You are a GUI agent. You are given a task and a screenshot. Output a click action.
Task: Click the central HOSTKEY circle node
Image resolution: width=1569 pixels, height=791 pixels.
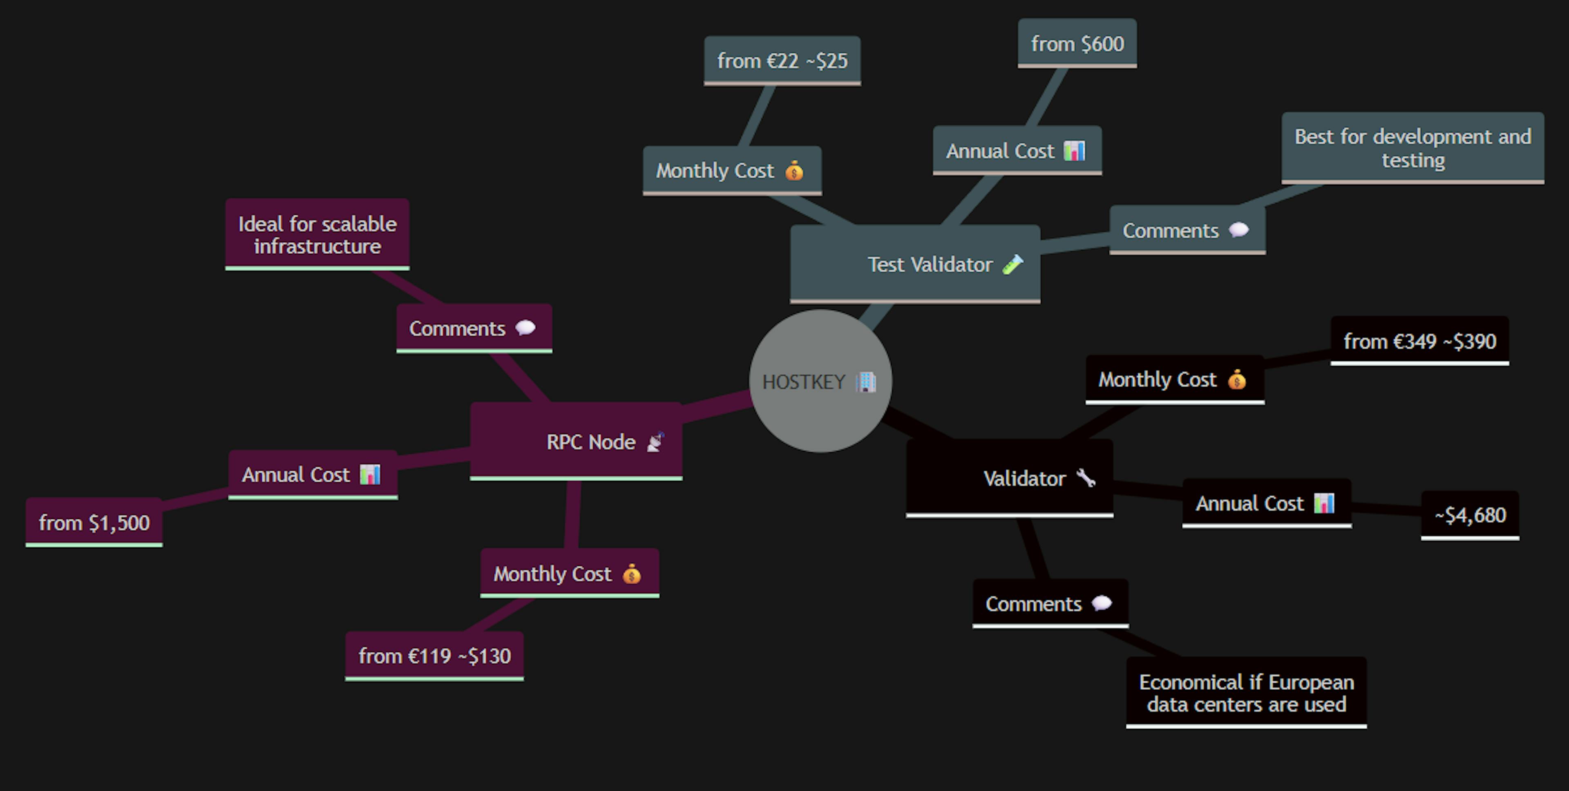pyautogui.click(x=820, y=381)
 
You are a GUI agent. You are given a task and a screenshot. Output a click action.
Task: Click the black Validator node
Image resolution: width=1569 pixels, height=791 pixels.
pyautogui.click(x=1009, y=478)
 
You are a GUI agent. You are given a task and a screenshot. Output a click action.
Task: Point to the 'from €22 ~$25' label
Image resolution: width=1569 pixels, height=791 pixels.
pyautogui.click(x=782, y=60)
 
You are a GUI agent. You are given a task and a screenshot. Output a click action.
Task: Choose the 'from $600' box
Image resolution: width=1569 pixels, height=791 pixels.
pyautogui.click(x=1077, y=43)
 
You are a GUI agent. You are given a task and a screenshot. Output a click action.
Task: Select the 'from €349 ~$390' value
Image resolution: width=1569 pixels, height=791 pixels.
pyautogui.click(x=1419, y=341)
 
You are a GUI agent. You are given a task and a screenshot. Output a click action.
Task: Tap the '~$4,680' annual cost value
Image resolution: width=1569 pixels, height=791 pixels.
pyautogui.click(x=1469, y=515)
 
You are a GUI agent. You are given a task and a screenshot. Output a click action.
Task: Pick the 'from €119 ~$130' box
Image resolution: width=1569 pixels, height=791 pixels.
pyautogui.click(x=434, y=656)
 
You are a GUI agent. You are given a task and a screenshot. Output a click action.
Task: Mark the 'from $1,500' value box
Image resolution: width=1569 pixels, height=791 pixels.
pyautogui.click(x=94, y=523)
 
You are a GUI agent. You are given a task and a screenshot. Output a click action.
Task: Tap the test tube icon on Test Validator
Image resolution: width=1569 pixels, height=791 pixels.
pyautogui.click(x=1012, y=264)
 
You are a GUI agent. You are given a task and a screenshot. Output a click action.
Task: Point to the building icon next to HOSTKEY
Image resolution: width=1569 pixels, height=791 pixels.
pyautogui.click(x=865, y=382)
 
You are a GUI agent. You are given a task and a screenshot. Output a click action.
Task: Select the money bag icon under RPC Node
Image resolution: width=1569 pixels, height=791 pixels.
pyautogui.click(x=632, y=574)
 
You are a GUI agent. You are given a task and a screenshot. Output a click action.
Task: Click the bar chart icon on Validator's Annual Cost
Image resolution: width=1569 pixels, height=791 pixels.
pyautogui.click(x=1324, y=503)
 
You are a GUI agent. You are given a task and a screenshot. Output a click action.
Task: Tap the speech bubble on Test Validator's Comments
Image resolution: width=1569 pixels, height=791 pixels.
pyautogui.click(x=1239, y=230)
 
